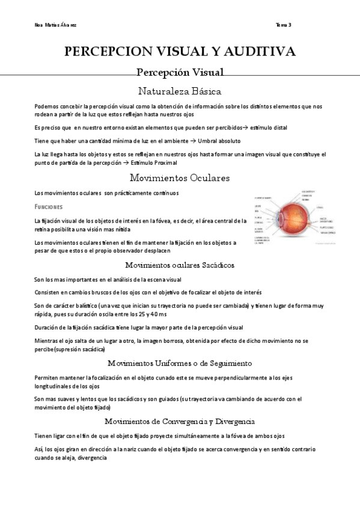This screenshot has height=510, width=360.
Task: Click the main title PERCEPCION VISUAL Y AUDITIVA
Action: pyautogui.click(x=180, y=52)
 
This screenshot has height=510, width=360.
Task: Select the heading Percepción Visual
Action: pyautogui.click(x=180, y=73)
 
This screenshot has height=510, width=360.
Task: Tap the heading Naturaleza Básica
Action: pyautogui.click(x=180, y=91)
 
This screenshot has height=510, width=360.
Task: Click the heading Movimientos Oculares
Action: pyautogui.click(x=180, y=178)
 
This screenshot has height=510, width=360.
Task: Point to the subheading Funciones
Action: pyautogui.click(x=49, y=207)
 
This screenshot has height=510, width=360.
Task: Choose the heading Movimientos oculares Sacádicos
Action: pyautogui.click(x=180, y=265)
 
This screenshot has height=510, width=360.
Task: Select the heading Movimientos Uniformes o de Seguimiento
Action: pyautogui.click(x=180, y=363)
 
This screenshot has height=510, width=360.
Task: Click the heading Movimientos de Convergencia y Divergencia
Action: pyautogui.click(x=180, y=421)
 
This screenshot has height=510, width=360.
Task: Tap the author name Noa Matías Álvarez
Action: pyautogui.click(x=56, y=25)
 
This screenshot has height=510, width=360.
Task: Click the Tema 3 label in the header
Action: pyautogui.click(x=284, y=25)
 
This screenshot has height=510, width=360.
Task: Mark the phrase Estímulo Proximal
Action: pyautogui.click(x=154, y=163)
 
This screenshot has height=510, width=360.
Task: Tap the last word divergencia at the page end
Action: pyautogui.click(x=91, y=458)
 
